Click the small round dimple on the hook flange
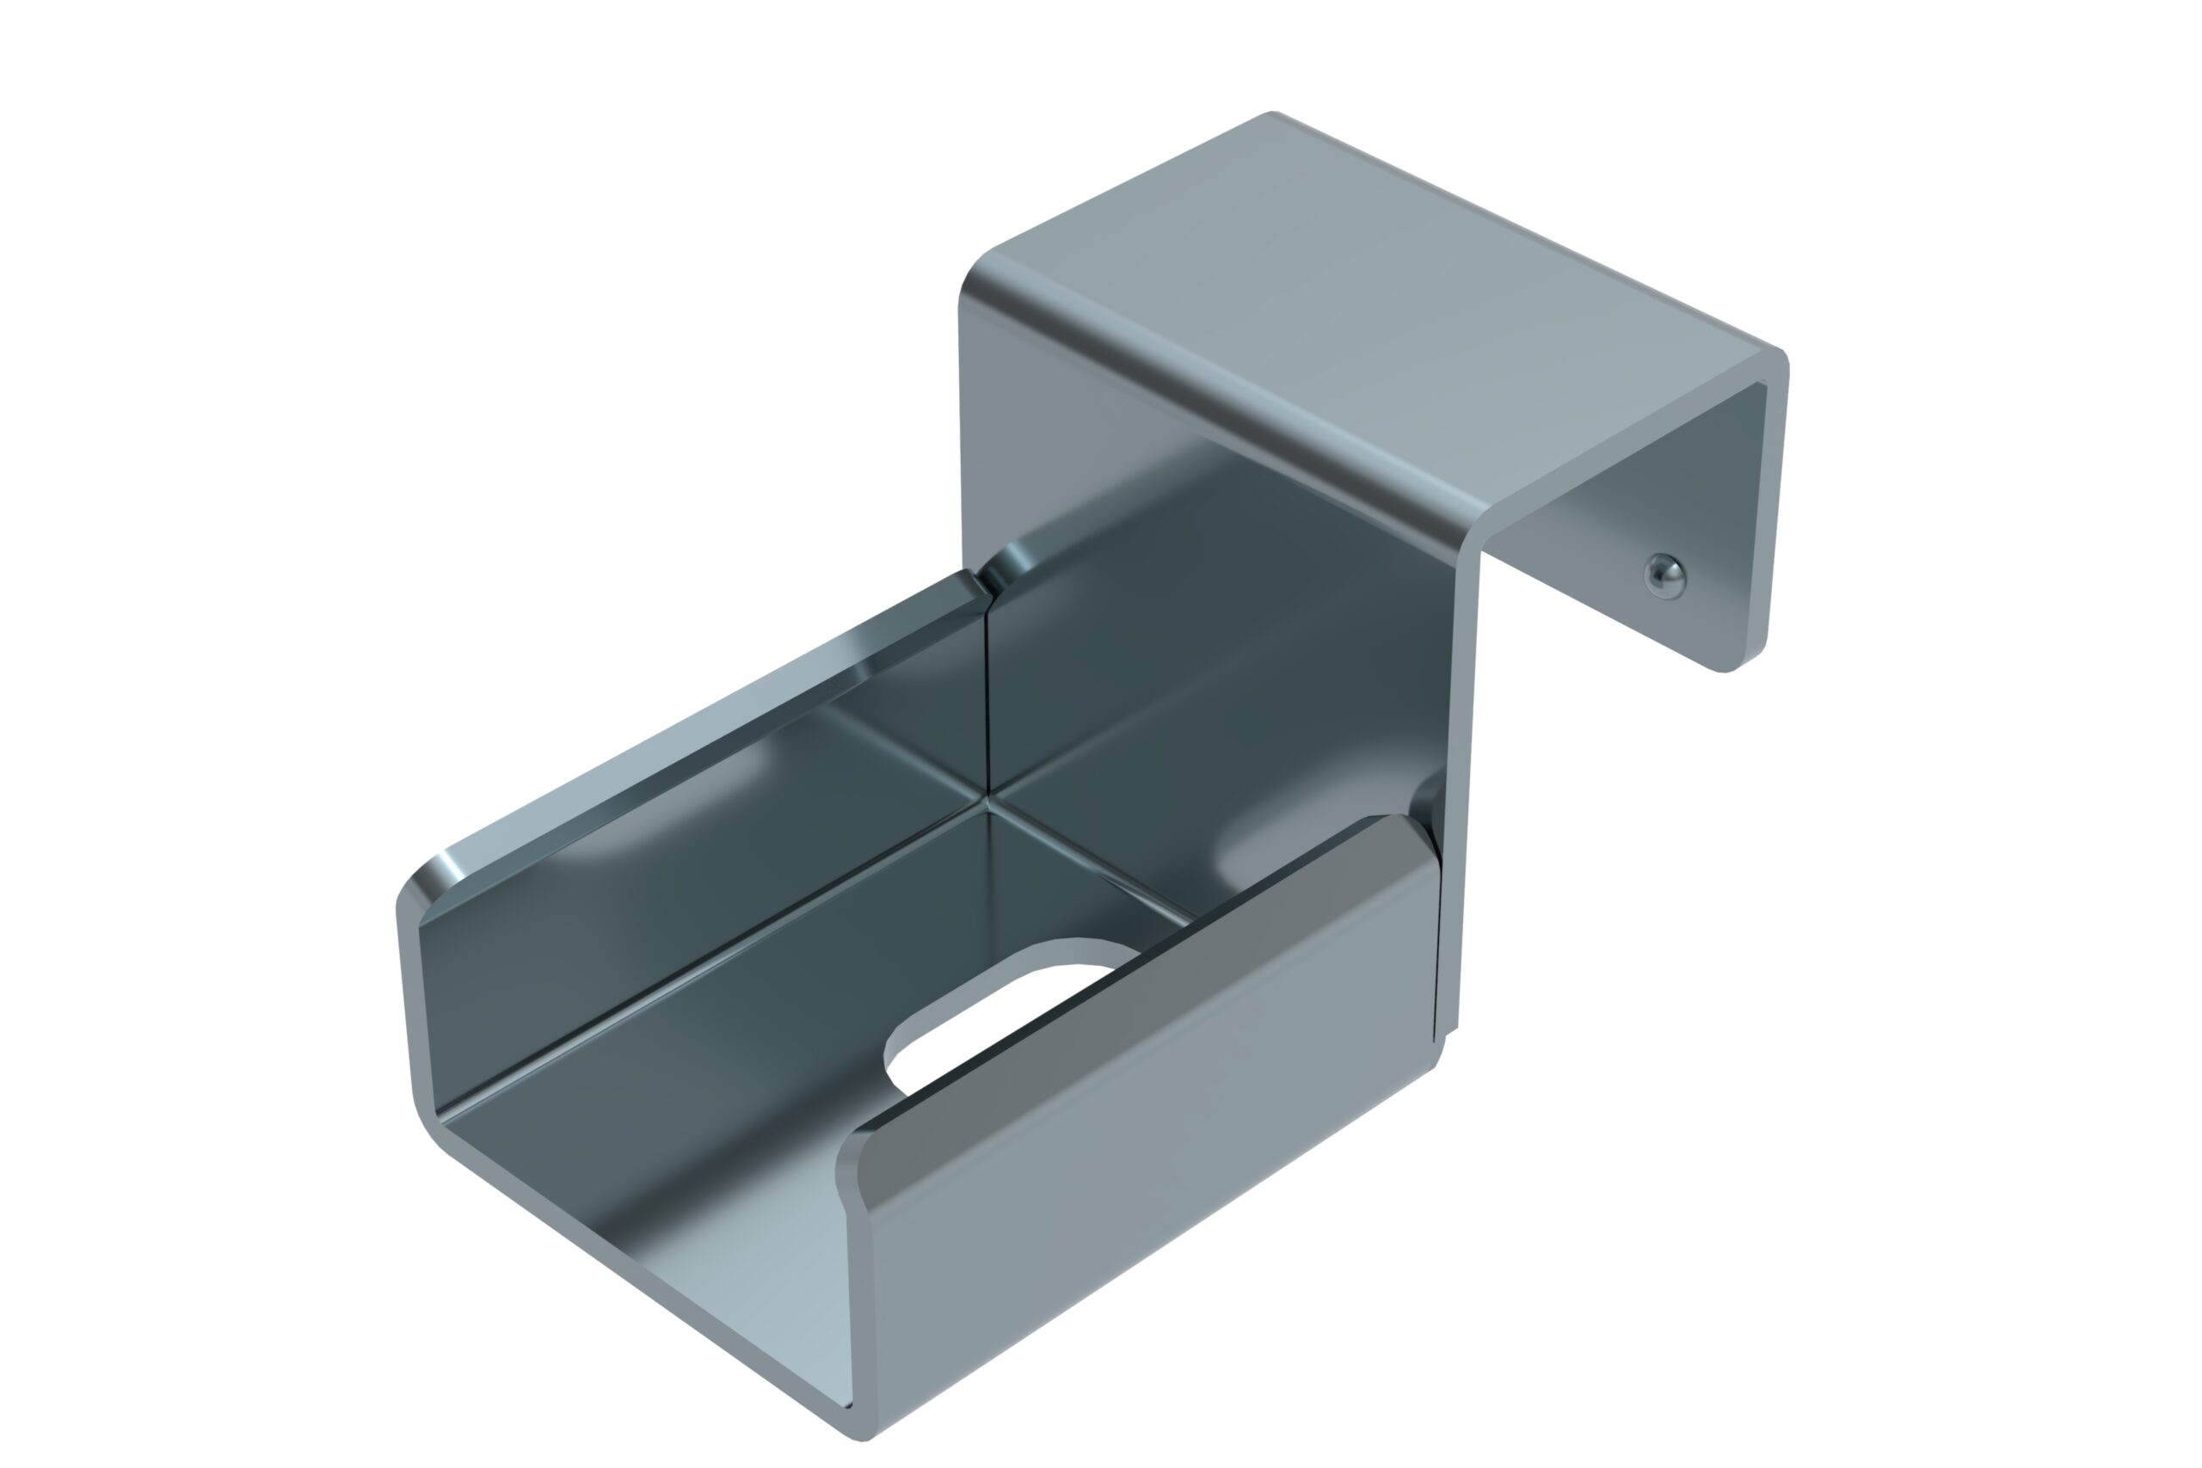pyautogui.click(x=1664, y=574)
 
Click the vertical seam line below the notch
pyautogui.click(x=988, y=693)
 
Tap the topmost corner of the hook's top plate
pyautogui.click(x=1273, y=114)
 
